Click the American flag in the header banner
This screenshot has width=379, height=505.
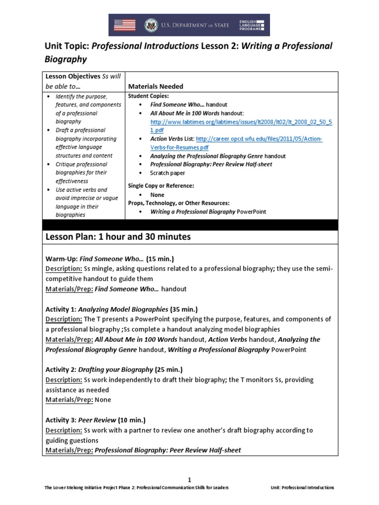[x=124, y=25]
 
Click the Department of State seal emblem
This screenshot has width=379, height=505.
[x=150, y=25]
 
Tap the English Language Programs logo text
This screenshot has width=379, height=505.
[x=252, y=25]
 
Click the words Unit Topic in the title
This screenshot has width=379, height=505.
[x=65, y=46]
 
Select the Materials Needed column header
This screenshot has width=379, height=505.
[x=156, y=86]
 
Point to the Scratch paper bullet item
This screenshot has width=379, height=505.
[x=167, y=173]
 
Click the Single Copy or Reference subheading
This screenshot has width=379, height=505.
[x=161, y=185]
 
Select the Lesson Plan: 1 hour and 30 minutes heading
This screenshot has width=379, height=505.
[x=118, y=237]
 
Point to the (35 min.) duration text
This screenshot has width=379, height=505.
[x=184, y=310]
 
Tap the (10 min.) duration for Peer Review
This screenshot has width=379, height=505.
[x=131, y=420]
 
